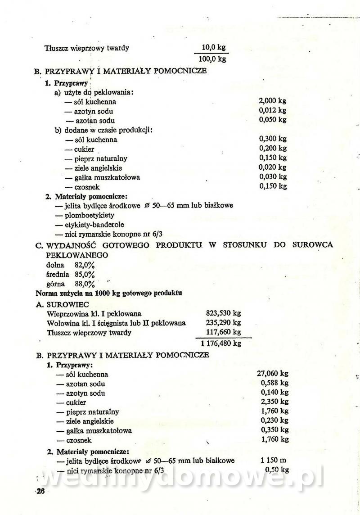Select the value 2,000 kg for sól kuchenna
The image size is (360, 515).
pos(273,101)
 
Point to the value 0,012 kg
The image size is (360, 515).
pos(273,110)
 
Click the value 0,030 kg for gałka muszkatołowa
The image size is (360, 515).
pos(273,176)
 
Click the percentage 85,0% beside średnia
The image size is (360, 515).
pos(85,274)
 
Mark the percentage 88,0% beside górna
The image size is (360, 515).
pos(85,284)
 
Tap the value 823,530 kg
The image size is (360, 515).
pos(224,313)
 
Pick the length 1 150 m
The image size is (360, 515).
pos(273,461)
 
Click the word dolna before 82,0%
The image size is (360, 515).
pos(55,265)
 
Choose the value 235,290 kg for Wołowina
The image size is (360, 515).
pos(224,323)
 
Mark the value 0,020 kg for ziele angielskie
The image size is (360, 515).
pos(273,167)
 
